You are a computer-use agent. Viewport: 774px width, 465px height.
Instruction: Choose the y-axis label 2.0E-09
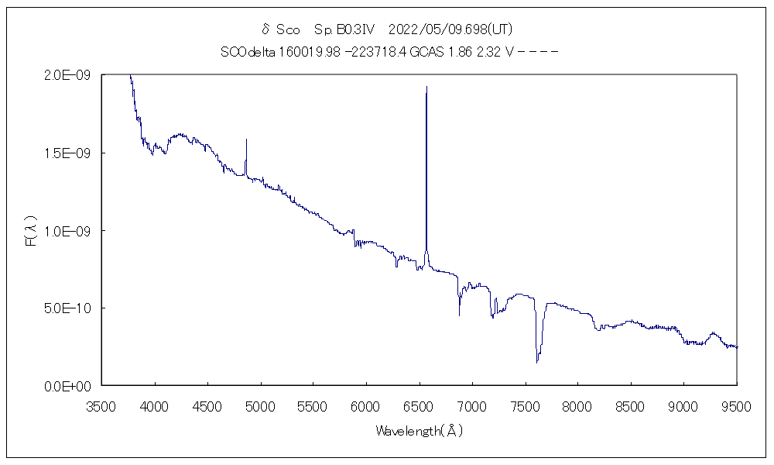70,75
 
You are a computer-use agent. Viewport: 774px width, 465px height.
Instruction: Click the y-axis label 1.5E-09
70,153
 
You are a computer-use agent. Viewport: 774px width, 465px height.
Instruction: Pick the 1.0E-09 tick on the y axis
70,230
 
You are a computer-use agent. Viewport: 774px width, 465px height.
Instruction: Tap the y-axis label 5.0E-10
70,308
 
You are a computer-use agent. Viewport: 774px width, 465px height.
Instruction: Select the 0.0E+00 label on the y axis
70,385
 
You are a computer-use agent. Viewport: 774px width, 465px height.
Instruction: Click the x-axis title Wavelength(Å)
419,430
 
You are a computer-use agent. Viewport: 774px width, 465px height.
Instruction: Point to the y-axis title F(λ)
31,231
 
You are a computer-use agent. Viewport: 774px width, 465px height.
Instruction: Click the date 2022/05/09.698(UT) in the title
450,29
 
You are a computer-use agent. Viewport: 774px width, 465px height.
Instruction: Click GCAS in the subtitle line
425,52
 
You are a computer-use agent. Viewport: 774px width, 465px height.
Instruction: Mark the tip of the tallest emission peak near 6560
426,87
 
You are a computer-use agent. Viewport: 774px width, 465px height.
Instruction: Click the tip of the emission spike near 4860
246,139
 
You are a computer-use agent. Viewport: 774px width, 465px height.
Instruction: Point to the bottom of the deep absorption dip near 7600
536,362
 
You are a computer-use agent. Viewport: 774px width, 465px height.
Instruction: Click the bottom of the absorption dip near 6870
459,315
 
